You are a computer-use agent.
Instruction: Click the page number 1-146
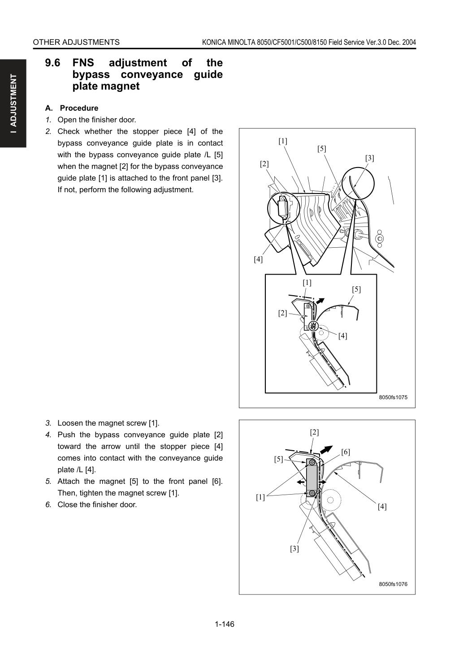(x=225, y=624)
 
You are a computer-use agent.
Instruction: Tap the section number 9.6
(x=52, y=63)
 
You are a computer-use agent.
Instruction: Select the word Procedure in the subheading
(x=79, y=108)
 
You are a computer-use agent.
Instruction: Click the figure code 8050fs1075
(x=393, y=397)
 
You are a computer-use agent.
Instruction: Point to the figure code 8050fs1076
(x=393, y=584)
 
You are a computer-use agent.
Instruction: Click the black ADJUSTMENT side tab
(x=13, y=103)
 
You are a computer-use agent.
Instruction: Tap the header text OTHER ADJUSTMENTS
(x=76, y=43)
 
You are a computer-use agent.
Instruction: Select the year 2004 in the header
(x=409, y=43)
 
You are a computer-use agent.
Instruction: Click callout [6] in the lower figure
(x=346, y=452)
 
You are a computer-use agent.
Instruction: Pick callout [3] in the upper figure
(x=370, y=158)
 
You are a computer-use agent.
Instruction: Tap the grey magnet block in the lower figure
(x=312, y=478)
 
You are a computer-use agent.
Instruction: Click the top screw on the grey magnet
(x=312, y=463)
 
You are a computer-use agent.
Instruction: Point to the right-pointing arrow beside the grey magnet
(x=322, y=482)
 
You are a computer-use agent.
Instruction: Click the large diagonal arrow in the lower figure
(x=326, y=450)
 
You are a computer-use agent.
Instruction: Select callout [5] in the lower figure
(x=278, y=459)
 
